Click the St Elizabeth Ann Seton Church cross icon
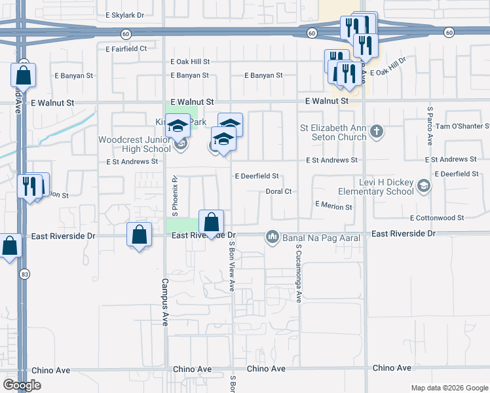[376, 132]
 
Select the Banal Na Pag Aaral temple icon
[272, 236]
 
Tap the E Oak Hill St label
[189, 62]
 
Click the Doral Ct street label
[278, 192]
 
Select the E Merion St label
[333, 206]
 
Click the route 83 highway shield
[24, 274]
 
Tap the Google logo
[22, 385]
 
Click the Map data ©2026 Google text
[449, 388]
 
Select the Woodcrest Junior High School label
[134, 144]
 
